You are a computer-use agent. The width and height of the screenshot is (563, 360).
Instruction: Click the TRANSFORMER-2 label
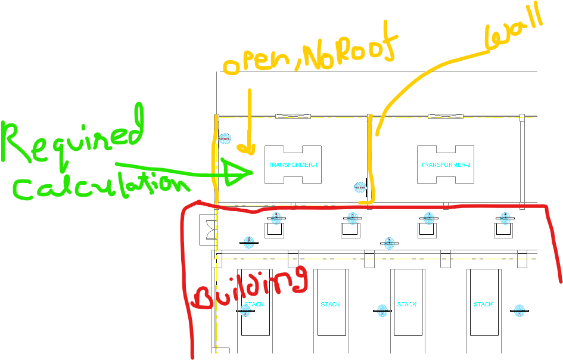(x=446, y=165)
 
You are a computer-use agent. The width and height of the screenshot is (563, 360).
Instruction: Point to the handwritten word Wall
(x=514, y=27)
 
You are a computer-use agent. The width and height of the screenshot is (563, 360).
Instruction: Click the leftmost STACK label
(x=254, y=305)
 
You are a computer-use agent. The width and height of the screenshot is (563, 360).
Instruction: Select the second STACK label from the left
(x=331, y=305)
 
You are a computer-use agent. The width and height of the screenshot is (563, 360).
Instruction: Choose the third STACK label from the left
(x=407, y=305)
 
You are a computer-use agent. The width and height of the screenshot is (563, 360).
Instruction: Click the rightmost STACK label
(x=483, y=305)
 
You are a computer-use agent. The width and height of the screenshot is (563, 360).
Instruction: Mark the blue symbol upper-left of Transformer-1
(x=225, y=139)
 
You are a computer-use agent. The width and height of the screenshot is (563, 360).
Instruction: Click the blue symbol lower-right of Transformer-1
(x=360, y=188)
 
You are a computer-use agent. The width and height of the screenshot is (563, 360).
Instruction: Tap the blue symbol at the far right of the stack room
(x=519, y=310)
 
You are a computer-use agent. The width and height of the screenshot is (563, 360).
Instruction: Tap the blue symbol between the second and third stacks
(x=382, y=310)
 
